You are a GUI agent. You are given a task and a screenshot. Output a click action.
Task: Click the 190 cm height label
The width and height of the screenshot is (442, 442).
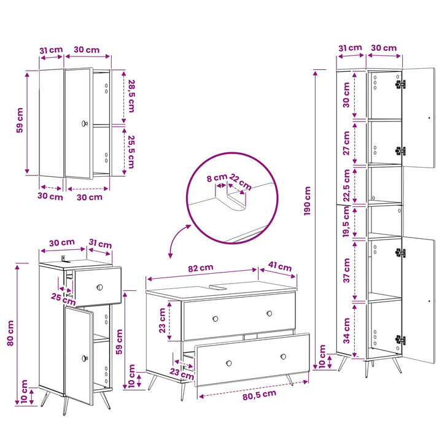(308, 201)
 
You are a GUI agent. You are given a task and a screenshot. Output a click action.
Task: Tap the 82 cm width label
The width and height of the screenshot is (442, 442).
(201, 268)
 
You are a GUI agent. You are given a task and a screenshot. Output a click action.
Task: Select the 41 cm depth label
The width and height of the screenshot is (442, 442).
(280, 266)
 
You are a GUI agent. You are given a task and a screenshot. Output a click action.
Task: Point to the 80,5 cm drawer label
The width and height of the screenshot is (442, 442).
(259, 395)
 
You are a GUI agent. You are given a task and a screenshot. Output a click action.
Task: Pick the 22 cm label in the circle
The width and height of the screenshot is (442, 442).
(240, 182)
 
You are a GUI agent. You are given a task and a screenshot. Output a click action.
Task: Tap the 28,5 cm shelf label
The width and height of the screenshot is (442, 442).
(131, 96)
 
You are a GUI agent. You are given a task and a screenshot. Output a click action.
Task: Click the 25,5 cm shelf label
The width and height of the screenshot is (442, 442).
(131, 152)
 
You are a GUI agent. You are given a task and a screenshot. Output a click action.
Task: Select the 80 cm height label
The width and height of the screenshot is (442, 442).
(10, 333)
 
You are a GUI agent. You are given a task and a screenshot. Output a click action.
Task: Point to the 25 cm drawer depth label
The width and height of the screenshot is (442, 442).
(63, 299)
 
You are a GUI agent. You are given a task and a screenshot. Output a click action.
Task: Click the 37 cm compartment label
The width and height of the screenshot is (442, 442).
(346, 270)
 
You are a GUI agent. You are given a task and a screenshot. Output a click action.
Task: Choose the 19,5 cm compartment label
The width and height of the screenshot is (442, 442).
(346, 222)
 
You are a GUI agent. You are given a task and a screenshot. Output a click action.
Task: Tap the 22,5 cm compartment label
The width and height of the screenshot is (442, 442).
(346, 185)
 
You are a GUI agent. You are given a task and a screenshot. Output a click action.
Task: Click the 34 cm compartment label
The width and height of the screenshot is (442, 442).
(346, 331)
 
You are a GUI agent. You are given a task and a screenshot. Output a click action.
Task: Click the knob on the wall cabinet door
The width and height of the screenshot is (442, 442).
(84, 123)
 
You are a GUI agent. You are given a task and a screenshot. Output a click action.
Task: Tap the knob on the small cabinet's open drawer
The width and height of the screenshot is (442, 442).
(99, 287)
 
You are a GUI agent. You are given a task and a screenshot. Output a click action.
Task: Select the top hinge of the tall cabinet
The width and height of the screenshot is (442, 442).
(400, 84)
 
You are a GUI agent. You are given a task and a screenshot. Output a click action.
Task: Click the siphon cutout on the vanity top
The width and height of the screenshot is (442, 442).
(217, 287)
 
